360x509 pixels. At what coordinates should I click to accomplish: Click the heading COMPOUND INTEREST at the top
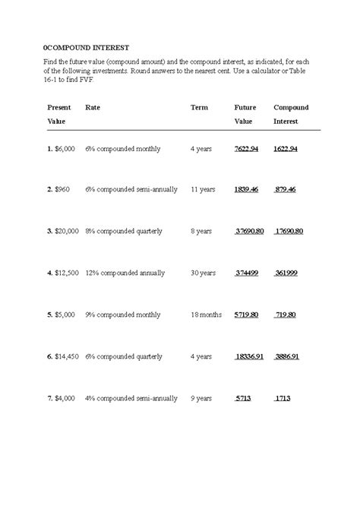[87, 48]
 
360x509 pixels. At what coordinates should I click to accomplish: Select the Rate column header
[93, 108]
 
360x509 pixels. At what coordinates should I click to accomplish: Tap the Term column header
[199, 108]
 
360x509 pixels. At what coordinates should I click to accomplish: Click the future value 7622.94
[247, 149]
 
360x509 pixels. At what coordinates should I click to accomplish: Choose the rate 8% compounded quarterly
[124, 231]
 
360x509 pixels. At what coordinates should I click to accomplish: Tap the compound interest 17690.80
[289, 231]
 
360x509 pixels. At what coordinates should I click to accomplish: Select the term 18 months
[206, 314]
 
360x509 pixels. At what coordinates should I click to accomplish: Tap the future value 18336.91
[250, 356]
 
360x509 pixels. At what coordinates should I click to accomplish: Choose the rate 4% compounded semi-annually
[131, 397]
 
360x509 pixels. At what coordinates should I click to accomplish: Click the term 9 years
[201, 397]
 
